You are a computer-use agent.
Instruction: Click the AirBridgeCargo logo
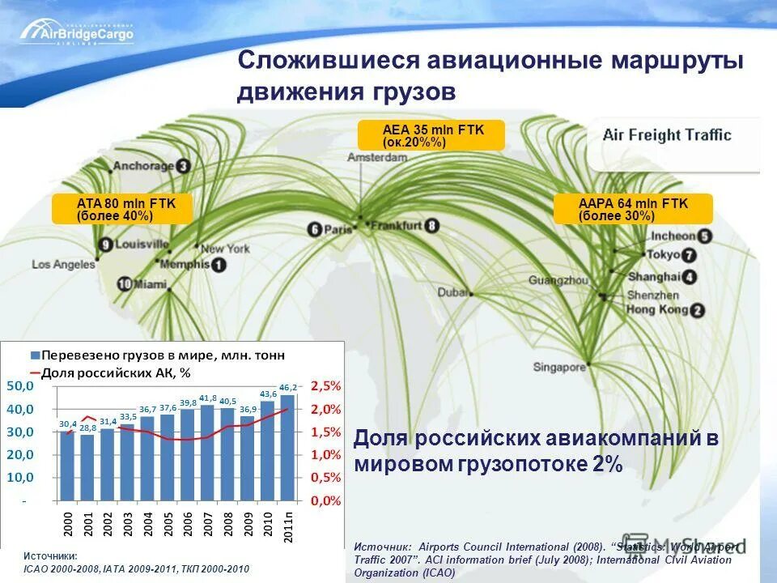point(78,32)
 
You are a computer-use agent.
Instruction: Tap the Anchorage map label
point(143,166)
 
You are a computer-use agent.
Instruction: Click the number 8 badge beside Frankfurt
point(432,227)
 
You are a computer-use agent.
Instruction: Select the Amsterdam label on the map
point(378,158)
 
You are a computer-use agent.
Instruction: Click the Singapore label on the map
point(558,367)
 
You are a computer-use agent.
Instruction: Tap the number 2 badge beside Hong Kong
point(697,310)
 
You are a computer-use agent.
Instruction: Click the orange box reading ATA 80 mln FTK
point(122,209)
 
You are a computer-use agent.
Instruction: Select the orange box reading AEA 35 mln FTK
point(431,135)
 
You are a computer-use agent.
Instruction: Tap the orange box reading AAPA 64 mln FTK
point(633,209)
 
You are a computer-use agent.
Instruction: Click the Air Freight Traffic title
point(667,135)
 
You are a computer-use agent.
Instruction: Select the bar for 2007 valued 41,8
point(208,453)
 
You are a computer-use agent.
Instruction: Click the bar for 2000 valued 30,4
point(67,466)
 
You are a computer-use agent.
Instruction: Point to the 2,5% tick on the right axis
point(326,386)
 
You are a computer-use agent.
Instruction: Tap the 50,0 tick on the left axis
point(23,386)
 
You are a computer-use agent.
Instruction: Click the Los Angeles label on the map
point(64,264)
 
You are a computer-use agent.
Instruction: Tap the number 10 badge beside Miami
point(125,284)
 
